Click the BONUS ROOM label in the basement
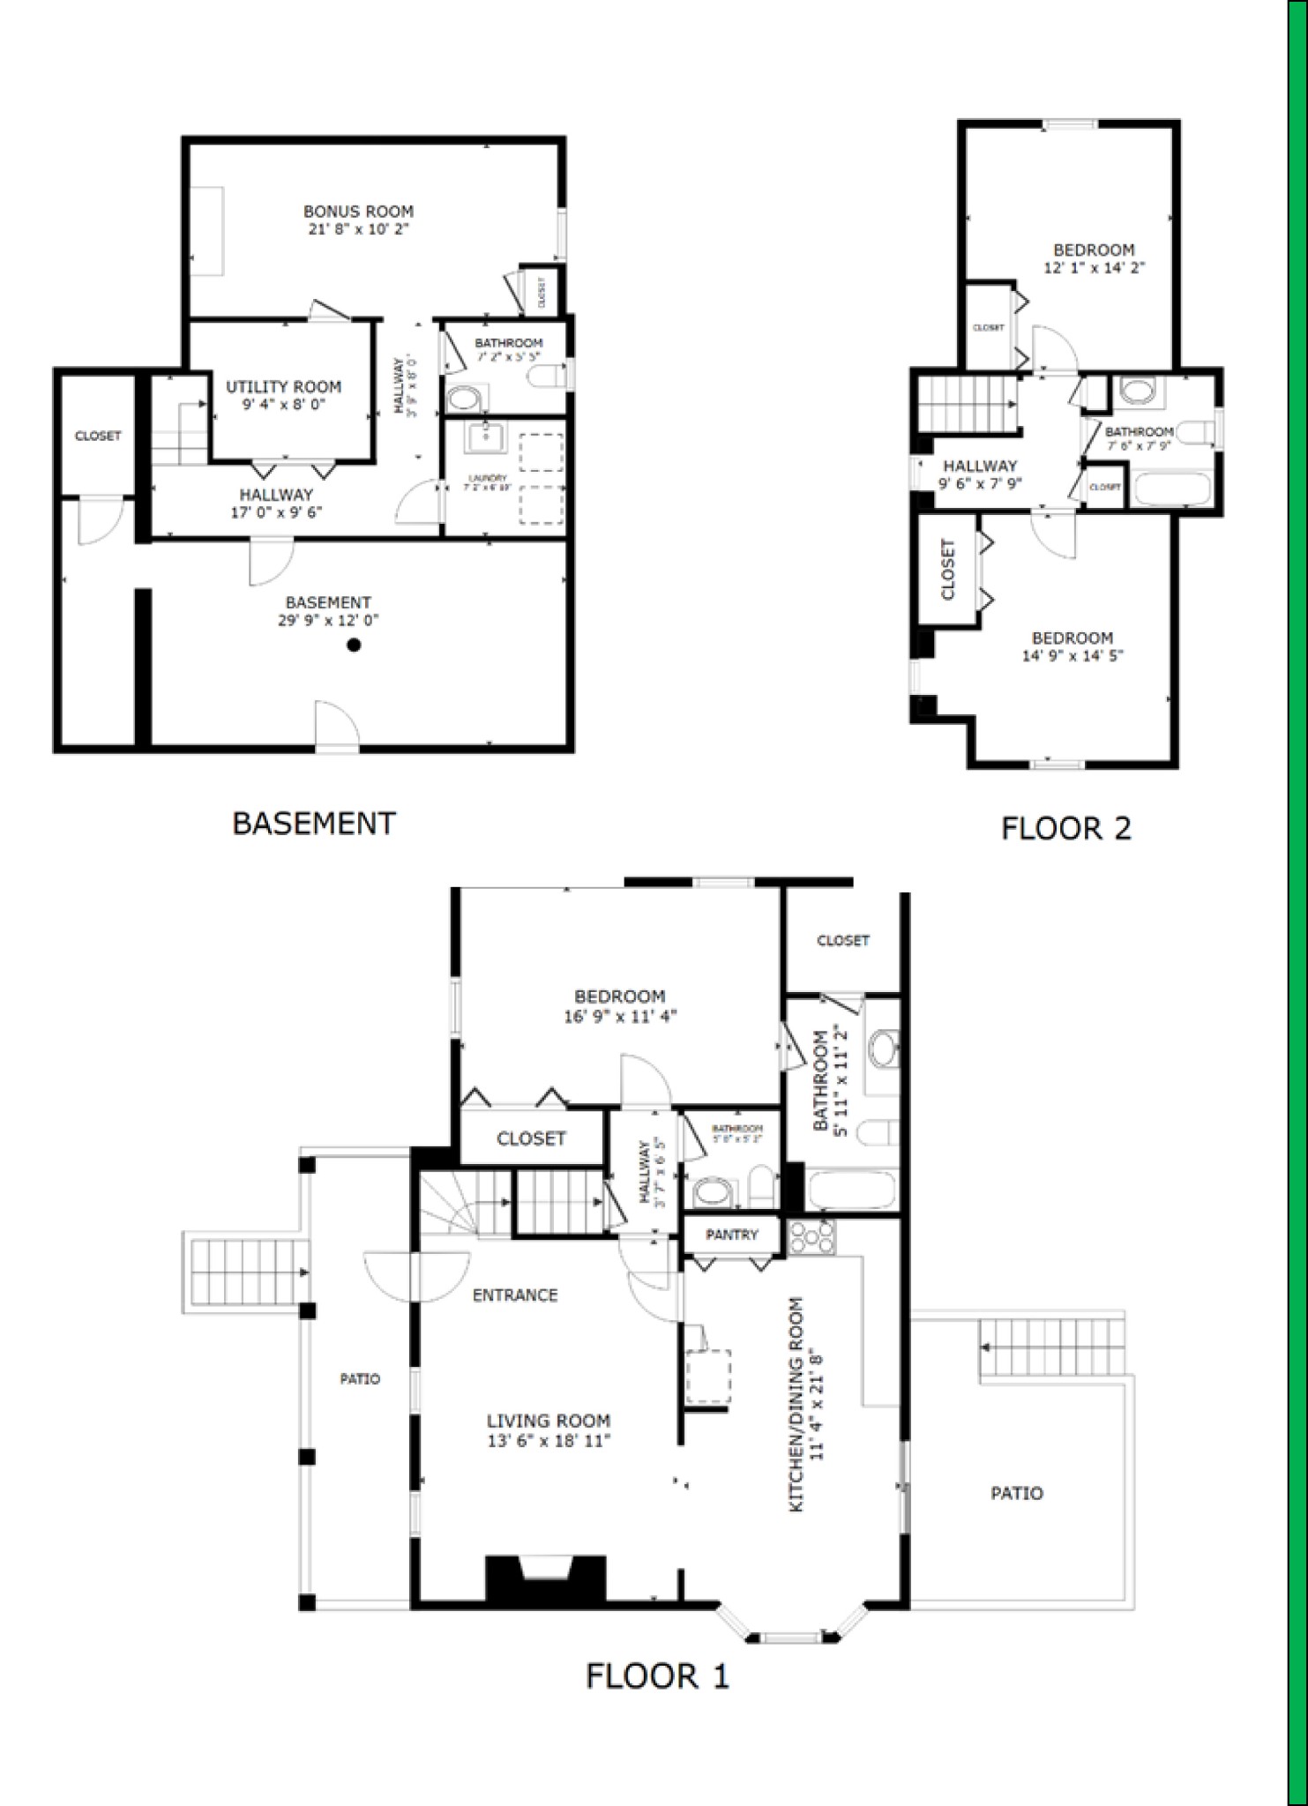(x=358, y=212)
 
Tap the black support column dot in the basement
(x=354, y=646)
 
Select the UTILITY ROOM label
(x=283, y=386)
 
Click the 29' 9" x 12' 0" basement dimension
(x=328, y=620)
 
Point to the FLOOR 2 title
(x=1065, y=828)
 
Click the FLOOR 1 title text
(x=657, y=1675)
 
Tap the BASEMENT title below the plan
(x=314, y=823)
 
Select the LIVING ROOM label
(x=548, y=1421)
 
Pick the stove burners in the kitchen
(x=811, y=1236)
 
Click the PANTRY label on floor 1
(x=731, y=1235)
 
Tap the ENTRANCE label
(x=515, y=1295)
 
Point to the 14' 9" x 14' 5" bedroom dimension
(x=1072, y=655)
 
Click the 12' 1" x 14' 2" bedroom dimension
(x=1094, y=267)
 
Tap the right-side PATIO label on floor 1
(x=1016, y=1493)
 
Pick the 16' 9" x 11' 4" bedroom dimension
(x=620, y=1016)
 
